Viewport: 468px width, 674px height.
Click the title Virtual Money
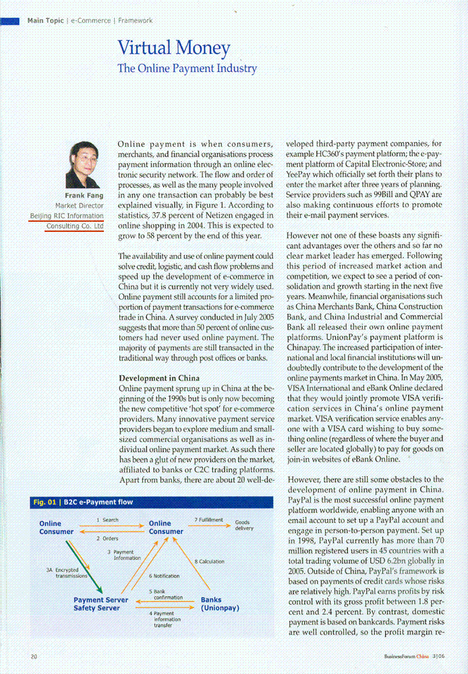coord(174,49)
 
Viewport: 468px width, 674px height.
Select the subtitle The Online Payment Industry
coord(187,68)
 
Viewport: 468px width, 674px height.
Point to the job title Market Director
coord(79,206)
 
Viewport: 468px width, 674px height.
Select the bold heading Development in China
coord(159,379)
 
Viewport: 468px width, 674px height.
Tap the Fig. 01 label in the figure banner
coord(45,502)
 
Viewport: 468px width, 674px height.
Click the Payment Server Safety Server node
coord(96,604)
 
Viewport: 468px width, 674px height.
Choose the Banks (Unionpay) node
coord(221,604)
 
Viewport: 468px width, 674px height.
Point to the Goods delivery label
coord(244,526)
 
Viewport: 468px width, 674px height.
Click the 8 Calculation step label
coord(209,561)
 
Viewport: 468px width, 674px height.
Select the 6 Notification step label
coord(164,576)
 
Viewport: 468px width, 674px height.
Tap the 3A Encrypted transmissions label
coord(67,573)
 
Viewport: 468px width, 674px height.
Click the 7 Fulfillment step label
coord(209,520)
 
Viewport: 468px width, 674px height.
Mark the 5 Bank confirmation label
coord(167,594)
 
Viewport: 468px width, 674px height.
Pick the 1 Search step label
coord(107,520)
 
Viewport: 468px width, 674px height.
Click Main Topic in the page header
coord(45,21)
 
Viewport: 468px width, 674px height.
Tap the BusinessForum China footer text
coord(403,656)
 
